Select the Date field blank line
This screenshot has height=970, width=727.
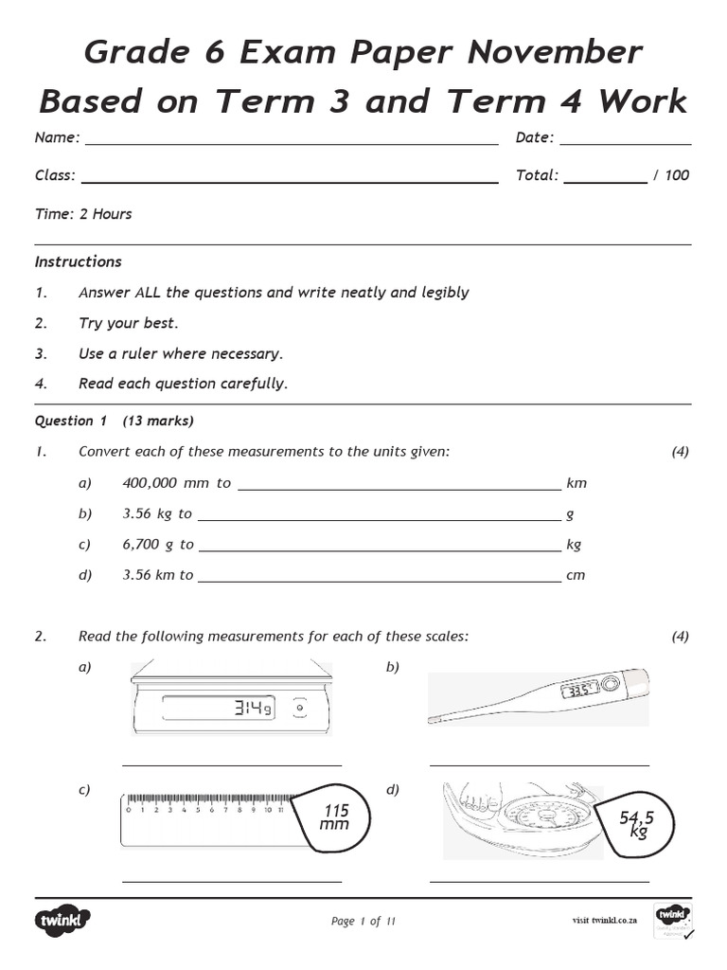(625, 144)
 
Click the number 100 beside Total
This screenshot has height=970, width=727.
(677, 175)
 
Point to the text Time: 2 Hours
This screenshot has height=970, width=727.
(83, 214)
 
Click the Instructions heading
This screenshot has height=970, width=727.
(79, 261)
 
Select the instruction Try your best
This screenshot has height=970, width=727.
(128, 323)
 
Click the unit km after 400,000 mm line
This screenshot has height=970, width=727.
(576, 483)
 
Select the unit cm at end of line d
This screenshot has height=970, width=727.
(576, 574)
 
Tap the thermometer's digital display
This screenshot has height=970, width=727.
(577, 690)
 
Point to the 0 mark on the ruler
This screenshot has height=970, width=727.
(128, 810)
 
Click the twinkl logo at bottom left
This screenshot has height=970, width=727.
(63, 920)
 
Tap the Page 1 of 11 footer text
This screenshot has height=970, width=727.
(363, 921)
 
